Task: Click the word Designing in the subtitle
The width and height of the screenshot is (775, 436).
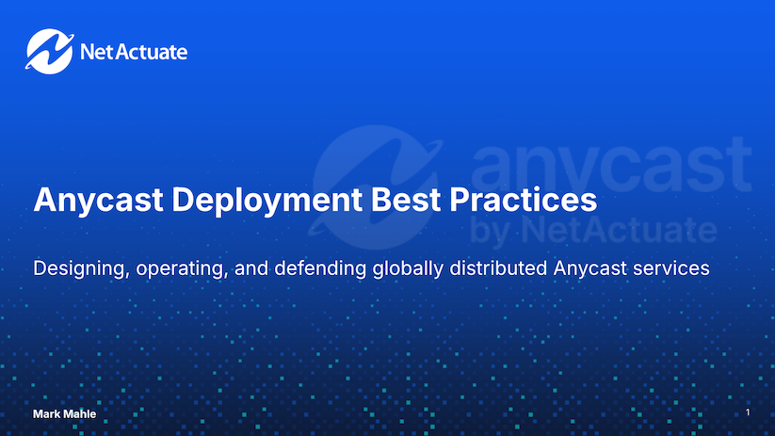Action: point(78,269)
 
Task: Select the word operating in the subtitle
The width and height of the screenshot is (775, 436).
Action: point(179,269)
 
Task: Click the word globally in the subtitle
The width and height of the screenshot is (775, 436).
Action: point(402,269)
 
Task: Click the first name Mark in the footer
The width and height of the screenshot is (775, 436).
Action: point(48,415)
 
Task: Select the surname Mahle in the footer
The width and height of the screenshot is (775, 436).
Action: point(81,415)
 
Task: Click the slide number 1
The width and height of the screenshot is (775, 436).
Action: point(747,413)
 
